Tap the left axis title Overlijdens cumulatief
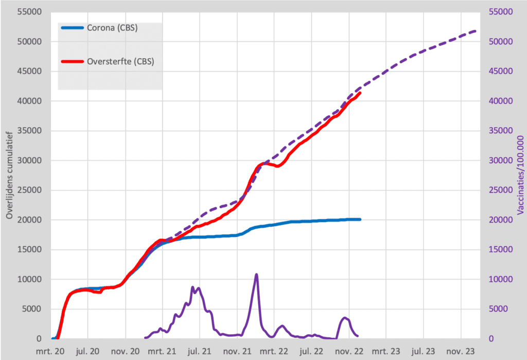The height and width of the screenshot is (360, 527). [x=9, y=175]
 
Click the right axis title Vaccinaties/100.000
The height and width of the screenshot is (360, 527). [x=520, y=175]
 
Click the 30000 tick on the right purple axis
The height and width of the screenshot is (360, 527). [x=498, y=161]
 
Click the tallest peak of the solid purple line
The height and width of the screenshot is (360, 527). [x=256, y=275]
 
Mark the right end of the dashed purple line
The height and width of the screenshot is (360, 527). [x=476, y=31]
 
